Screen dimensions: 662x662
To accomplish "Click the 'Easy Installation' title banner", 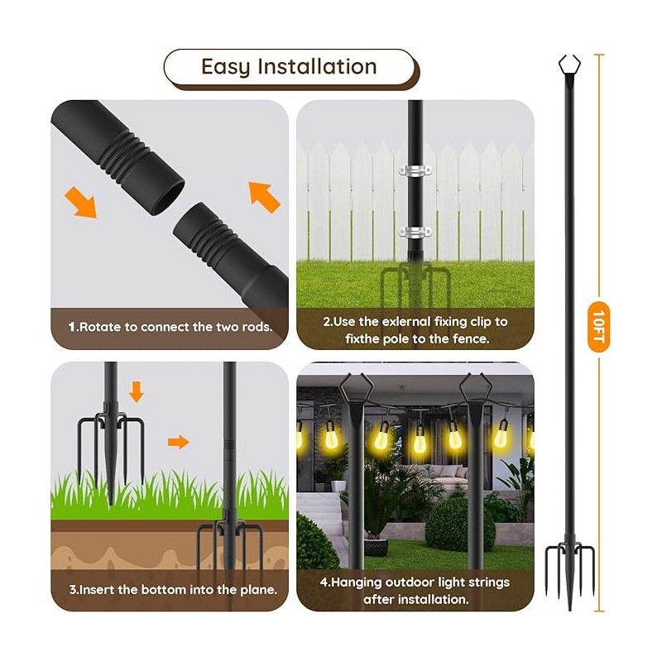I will point(289,67).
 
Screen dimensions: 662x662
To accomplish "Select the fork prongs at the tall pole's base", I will point(568,571).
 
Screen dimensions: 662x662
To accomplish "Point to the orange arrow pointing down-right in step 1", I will point(83,202).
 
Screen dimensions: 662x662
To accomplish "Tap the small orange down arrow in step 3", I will point(137,391).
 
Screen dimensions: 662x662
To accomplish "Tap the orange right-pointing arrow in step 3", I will point(178,443).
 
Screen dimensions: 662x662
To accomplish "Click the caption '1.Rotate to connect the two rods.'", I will point(170,327).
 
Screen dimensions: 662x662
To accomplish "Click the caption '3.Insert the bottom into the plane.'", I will point(172,590).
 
